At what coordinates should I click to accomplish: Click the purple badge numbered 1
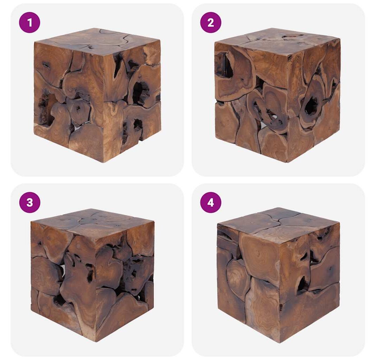(30, 22)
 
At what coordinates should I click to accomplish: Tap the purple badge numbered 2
(211, 22)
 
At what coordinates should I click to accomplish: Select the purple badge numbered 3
(30, 202)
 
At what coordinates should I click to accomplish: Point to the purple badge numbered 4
(211, 202)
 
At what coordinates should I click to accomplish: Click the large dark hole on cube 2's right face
(311, 105)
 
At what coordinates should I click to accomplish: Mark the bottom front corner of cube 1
(104, 162)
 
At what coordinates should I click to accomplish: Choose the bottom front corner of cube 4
(280, 342)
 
